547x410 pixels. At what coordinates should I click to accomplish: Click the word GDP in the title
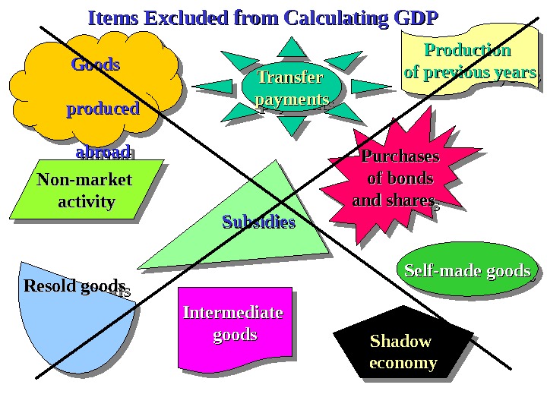click(413, 18)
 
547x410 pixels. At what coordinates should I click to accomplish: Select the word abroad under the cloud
click(103, 151)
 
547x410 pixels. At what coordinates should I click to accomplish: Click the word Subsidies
click(258, 222)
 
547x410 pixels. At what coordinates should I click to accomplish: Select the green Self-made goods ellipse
click(466, 271)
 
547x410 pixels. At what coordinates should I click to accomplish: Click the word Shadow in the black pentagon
click(400, 341)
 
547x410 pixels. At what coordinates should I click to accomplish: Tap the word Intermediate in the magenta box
click(232, 313)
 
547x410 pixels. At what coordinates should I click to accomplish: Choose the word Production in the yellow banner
click(467, 51)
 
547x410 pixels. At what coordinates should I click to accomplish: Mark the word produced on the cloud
click(103, 109)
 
